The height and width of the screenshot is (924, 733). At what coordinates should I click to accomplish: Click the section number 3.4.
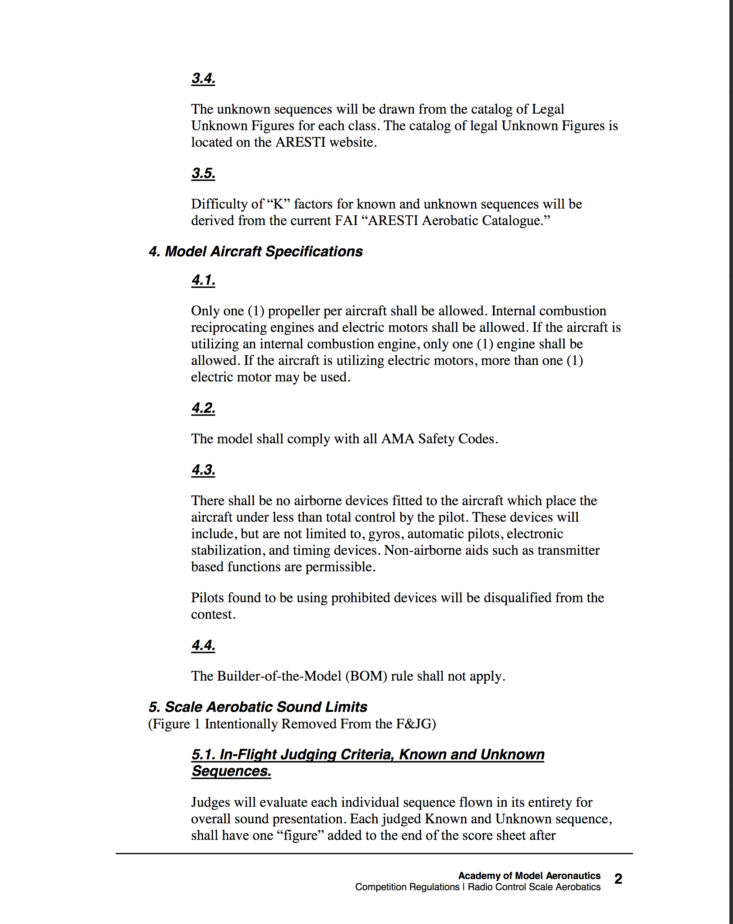point(203,78)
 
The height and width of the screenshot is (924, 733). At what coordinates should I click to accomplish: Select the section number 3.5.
point(203,173)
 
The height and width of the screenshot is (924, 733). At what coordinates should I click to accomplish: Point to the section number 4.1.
point(203,280)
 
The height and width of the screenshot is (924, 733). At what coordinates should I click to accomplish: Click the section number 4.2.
point(203,408)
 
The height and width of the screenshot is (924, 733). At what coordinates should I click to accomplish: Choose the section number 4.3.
point(203,470)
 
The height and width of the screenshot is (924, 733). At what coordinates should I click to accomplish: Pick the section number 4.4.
point(203,645)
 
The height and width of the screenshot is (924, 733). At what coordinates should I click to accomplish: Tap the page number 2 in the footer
point(618,879)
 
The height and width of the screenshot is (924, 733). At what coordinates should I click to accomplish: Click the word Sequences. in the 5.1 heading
point(231,771)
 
